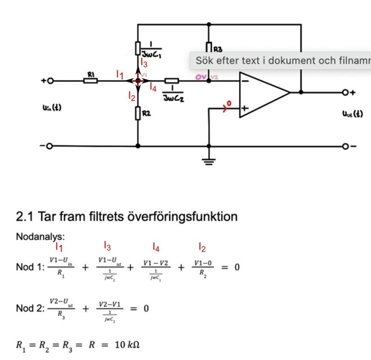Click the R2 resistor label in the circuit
point(146,113)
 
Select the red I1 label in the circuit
point(120,74)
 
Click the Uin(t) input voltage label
point(51,108)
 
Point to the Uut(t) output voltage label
point(352,113)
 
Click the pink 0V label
point(201,76)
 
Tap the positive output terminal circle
point(345,92)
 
